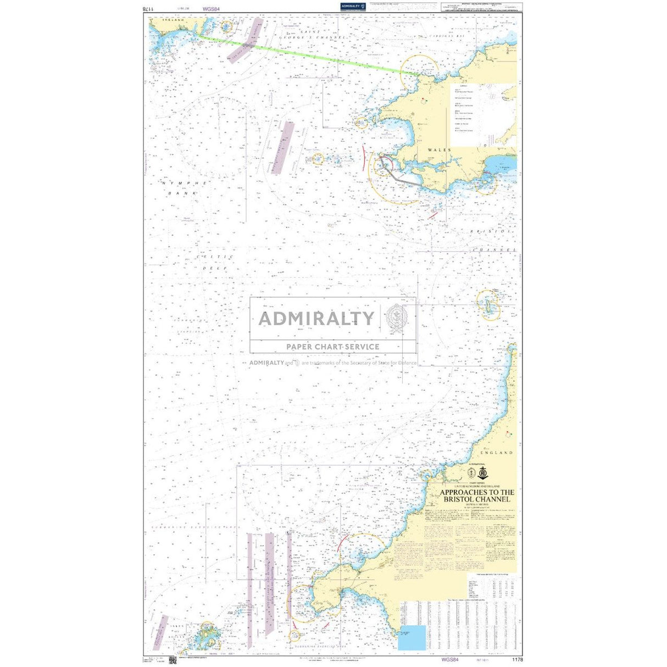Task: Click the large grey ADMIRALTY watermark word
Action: (316, 318)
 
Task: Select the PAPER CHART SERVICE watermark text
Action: (332, 347)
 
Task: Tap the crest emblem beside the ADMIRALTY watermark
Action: (397, 318)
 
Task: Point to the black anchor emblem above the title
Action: (482, 473)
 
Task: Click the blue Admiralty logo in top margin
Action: (351, 6)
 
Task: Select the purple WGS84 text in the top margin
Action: (211, 9)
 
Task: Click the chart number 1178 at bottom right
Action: (516, 659)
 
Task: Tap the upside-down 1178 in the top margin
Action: (146, 9)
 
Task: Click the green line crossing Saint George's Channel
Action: (308, 55)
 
